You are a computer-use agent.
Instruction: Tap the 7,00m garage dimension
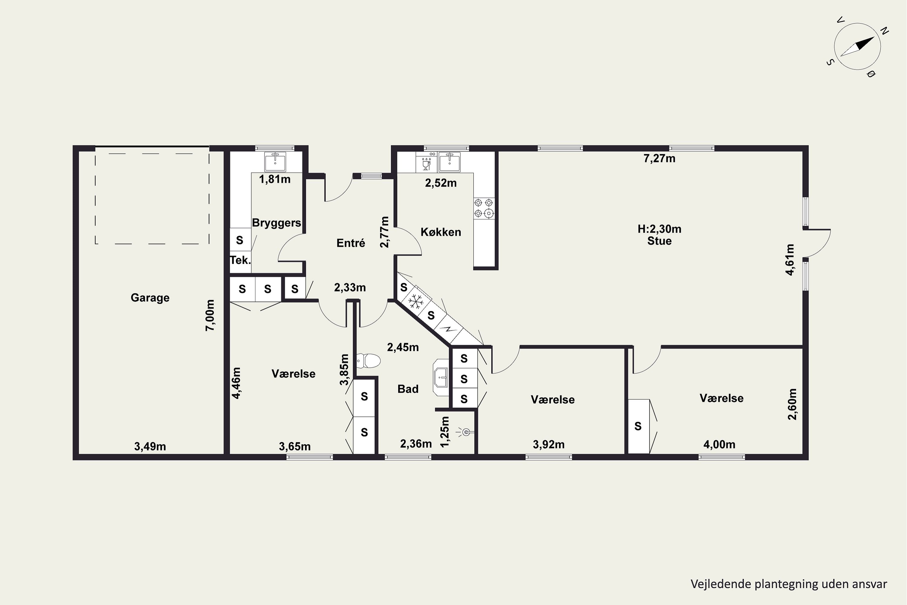click(x=210, y=315)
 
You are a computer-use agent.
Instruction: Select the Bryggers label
click(x=277, y=223)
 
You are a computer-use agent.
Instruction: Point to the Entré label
click(x=350, y=243)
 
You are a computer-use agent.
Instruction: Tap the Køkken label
click(x=441, y=232)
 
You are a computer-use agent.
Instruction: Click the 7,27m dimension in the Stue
click(x=659, y=158)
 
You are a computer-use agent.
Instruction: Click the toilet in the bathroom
click(x=368, y=361)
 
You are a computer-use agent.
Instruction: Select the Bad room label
click(x=408, y=389)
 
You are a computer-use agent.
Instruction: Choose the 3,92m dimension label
click(x=549, y=444)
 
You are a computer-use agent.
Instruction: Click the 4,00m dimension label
click(x=719, y=444)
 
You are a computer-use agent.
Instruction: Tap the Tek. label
click(x=240, y=260)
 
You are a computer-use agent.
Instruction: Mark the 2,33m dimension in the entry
click(x=350, y=287)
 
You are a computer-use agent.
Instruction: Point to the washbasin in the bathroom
click(x=441, y=377)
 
